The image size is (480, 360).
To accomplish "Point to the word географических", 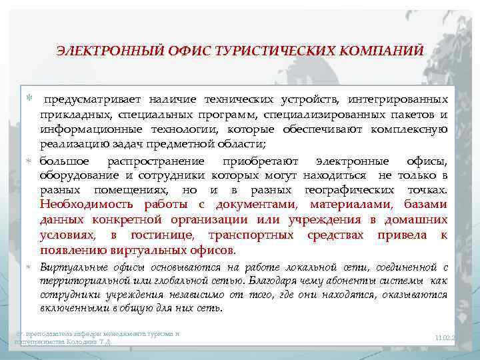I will pos(341,189).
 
